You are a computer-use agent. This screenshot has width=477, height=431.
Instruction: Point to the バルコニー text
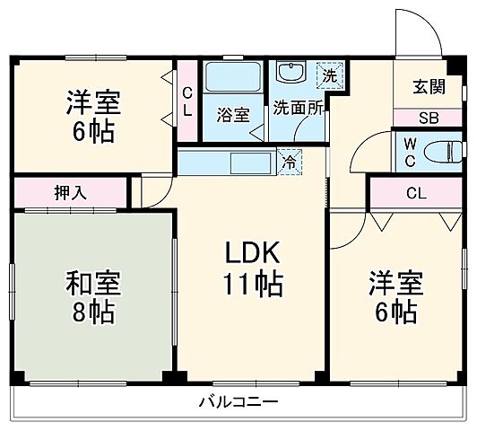[x=238, y=401]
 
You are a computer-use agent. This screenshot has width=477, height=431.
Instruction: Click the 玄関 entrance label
[x=427, y=87]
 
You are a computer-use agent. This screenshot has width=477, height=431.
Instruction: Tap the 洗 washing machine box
[x=330, y=75]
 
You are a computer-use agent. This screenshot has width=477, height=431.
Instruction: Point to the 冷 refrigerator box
[x=290, y=163]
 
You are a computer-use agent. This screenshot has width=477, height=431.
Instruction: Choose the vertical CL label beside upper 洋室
[x=186, y=102]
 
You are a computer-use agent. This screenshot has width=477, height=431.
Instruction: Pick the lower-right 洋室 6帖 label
[x=393, y=298]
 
